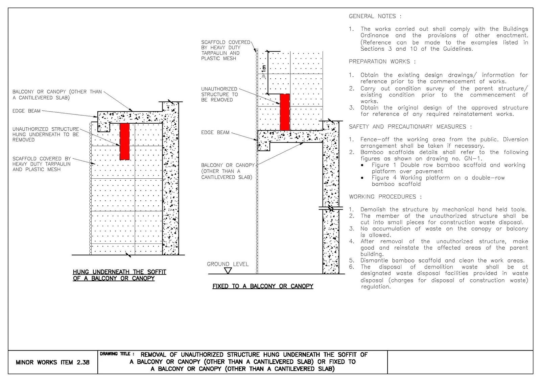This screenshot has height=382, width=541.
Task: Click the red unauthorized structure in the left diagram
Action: (125, 142)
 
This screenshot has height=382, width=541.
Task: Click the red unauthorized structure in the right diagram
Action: (285, 112)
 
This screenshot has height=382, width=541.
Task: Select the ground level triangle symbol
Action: (228, 271)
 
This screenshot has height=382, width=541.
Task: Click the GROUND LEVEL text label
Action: (228, 264)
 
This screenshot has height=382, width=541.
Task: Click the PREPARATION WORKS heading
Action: (382, 61)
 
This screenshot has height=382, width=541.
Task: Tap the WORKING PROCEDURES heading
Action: (385, 197)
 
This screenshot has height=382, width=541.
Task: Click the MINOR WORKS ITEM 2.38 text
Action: (53, 362)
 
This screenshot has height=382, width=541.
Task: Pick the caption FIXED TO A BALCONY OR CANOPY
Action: (263, 286)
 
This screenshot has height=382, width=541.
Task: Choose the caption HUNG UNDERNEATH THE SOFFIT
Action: (120, 272)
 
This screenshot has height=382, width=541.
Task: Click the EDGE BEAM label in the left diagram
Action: (27, 111)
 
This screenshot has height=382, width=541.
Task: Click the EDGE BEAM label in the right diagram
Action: (215, 132)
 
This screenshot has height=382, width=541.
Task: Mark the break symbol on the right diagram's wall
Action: (331, 208)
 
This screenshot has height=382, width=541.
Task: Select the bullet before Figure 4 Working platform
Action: (362, 178)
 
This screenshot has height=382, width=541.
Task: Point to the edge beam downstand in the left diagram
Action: (104, 127)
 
